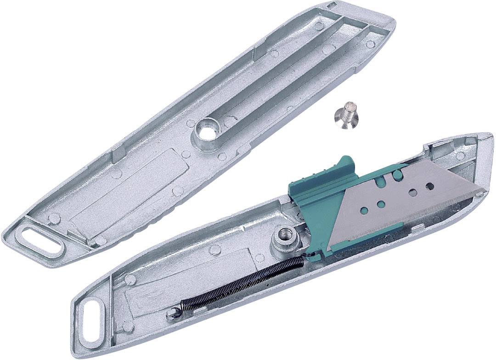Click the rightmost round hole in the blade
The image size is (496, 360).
(430, 186)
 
